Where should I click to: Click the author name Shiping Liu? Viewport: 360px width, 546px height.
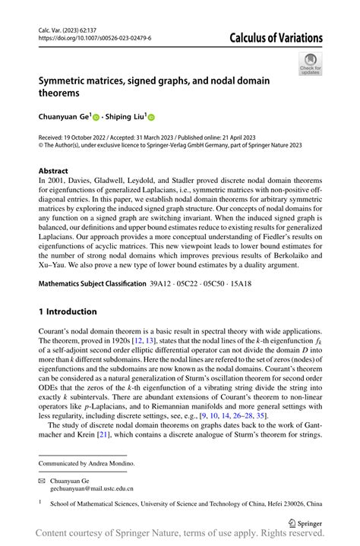[x=126, y=118]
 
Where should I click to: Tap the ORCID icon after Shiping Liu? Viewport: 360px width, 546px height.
[x=150, y=118]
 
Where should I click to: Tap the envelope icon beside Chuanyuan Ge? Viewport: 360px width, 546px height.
[x=43, y=480]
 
